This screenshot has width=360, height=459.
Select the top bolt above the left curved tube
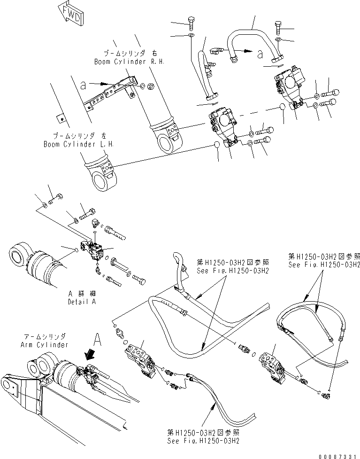point(191,22)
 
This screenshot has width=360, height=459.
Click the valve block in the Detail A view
point(95,250)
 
